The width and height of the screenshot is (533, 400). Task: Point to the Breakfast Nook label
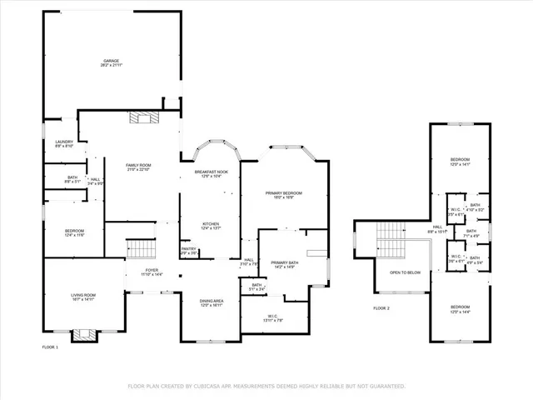pyautogui.click(x=212, y=173)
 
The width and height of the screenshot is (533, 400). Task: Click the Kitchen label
pyautogui.click(x=211, y=224)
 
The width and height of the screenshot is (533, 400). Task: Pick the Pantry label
pyautogui.click(x=189, y=250)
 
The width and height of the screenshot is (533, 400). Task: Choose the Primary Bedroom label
pyautogui.click(x=284, y=195)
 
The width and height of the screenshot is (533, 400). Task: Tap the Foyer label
pyautogui.click(x=152, y=271)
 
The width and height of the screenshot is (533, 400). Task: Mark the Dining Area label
pyautogui.click(x=211, y=302)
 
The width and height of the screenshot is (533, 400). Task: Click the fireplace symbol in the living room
pyautogui.click(x=83, y=335)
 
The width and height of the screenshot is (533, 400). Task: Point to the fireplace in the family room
pyautogui.click(x=142, y=117)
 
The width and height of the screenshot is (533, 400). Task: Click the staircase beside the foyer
pyautogui.click(x=141, y=249)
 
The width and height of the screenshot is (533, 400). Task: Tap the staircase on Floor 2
pyautogui.click(x=389, y=242)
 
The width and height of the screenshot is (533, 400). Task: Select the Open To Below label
pyautogui.click(x=406, y=272)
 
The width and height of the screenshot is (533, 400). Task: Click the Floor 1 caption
pyautogui.click(x=51, y=346)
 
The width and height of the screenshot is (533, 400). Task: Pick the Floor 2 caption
pyautogui.click(x=381, y=308)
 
